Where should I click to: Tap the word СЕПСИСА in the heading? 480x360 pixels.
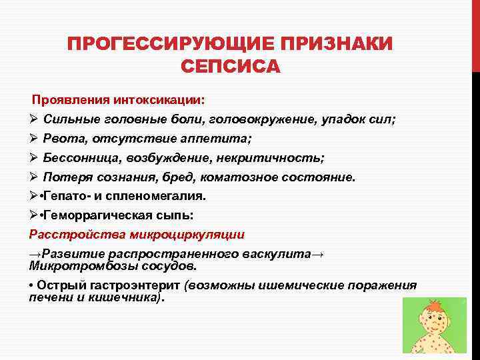click(x=230, y=67)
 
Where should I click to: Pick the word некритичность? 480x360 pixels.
click(x=273, y=158)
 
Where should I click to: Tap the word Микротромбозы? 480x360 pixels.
click(x=73, y=265)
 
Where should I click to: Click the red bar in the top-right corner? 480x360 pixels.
click(x=475, y=33)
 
